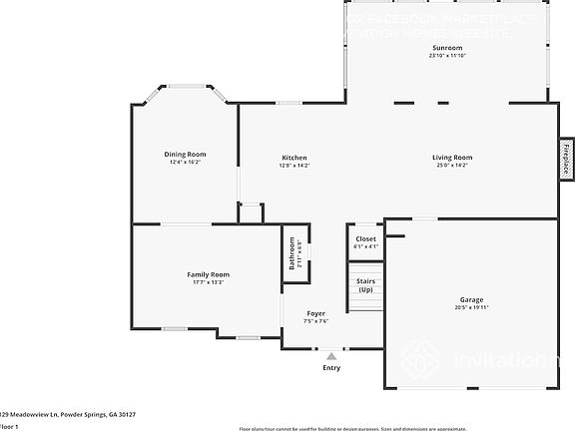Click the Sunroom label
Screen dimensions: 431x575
click(447, 48)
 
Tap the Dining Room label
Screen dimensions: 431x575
click(185, 154)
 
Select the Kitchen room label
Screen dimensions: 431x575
click(293, 158)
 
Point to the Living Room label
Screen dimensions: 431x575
click(451, 158)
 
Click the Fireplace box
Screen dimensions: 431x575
click(565, 159)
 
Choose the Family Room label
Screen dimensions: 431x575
click(208, 274)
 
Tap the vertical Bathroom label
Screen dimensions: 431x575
click(292, 254)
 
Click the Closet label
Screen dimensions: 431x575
click(365, 239)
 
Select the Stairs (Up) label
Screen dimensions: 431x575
click(365, 285)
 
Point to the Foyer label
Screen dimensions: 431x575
click(315, 313)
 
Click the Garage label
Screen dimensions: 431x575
click(471, 299)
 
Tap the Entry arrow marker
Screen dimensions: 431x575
click(330, 355)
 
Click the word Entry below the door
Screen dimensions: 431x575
click(330, 368)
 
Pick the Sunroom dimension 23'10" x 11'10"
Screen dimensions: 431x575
click(447, 56)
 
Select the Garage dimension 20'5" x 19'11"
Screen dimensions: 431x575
click(471, 307)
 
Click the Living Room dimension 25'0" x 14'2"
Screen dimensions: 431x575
click(451, 166)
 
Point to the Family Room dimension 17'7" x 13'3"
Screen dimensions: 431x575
click(208, 282)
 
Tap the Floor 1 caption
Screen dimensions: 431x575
click(9, 426)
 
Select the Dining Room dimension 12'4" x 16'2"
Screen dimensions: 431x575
click(185, 162)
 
